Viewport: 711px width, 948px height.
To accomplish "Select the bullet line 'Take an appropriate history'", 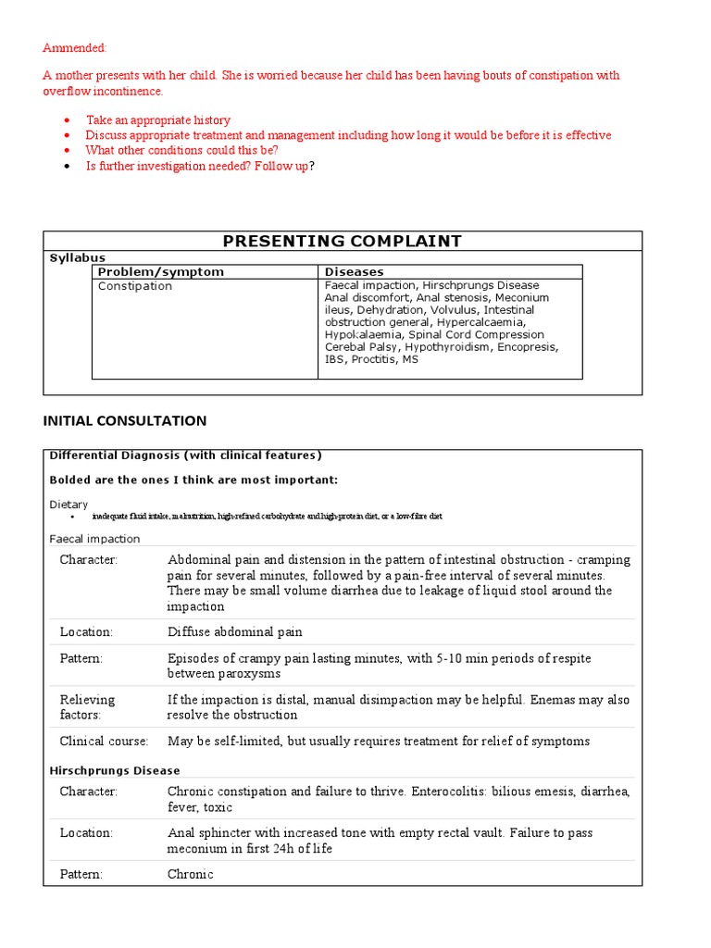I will pos(157,120).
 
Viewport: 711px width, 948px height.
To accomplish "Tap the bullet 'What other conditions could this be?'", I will pos(181,150).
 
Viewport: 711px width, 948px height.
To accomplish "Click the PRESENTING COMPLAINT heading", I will pos(343,241).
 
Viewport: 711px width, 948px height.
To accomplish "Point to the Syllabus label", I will pos(77,257).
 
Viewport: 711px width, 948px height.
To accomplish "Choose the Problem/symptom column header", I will pos(161,272).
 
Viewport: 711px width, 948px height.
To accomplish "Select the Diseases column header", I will pos(354,272).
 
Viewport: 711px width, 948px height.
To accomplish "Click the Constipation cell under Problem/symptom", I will pos(135,286).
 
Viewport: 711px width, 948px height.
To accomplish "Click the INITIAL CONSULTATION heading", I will pos(125,420).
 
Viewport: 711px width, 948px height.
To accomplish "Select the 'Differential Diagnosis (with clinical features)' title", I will pos(185,455).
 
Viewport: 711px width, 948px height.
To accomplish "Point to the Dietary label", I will pos(69,505).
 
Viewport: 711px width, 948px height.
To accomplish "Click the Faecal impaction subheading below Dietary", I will pos(94,539).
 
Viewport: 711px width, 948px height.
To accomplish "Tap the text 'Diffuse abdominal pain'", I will pos(234,631).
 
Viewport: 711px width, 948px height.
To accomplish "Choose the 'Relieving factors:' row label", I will pos(87,706).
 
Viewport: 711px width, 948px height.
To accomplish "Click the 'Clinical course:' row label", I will pos(104,741).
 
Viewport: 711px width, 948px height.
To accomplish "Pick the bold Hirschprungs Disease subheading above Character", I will pos(114,770).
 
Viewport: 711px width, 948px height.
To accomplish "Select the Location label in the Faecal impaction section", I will pos(86,631).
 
